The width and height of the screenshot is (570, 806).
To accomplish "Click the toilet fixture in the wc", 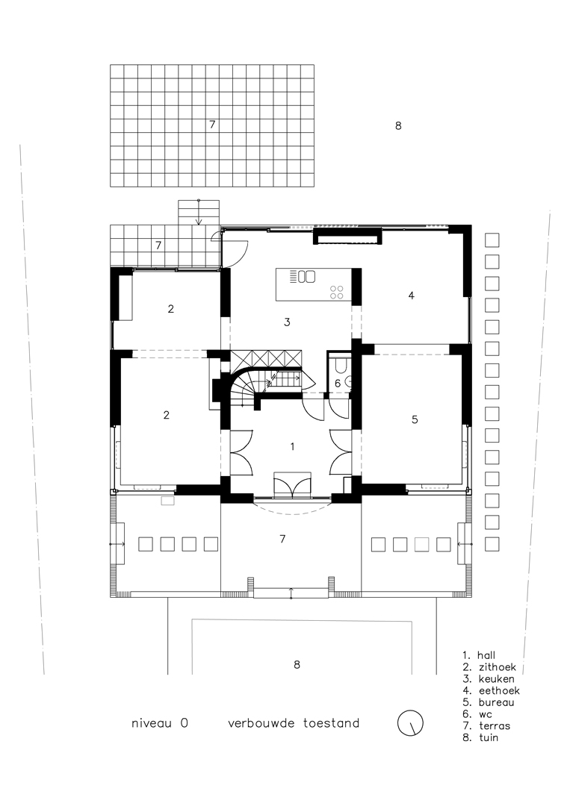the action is (340, 365).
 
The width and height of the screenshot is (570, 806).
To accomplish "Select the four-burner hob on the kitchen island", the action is (337, 292).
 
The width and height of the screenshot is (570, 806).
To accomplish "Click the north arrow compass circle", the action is (410, 722).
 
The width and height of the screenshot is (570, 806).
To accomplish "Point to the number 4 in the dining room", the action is (411, 296).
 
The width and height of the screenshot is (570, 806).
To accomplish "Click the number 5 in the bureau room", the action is (415, 419).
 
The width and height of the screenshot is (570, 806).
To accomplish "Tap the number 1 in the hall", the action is (292, 447).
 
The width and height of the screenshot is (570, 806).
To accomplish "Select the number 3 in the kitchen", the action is (287, 322).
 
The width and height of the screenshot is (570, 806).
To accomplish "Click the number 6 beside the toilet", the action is (338, 383).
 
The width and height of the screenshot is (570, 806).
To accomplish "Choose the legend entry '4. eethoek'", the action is (492, 691).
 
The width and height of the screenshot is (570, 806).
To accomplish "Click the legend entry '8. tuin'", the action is (480, 737).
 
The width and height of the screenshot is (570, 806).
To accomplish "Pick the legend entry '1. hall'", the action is (479, 655).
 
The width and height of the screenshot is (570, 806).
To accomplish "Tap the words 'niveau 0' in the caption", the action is (160, 723).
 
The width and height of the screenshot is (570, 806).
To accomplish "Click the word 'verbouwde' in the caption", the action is (261, 723).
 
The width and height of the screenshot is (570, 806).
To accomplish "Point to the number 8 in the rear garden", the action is (397, 126).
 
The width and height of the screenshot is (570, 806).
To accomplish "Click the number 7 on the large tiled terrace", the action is (212, 125).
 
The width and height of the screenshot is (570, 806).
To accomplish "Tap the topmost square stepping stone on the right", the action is (492, 240).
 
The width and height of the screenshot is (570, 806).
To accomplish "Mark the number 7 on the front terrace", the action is (282, 539).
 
